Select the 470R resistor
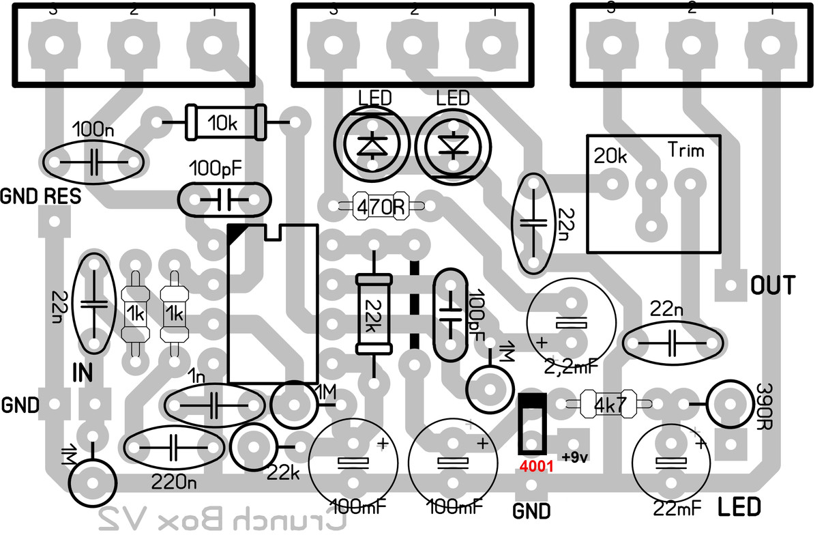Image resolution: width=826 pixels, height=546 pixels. [379, 205]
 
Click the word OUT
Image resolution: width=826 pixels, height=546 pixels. [772, 285]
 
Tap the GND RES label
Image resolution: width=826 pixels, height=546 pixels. [41, 197]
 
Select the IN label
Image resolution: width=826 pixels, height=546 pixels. [83, 372]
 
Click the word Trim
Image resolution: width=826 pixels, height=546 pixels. [685, 149]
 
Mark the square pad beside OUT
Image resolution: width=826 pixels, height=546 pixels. [731, 285]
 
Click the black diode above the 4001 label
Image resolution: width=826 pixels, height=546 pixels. [531, 422]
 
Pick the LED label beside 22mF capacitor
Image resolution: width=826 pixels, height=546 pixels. [739, 507]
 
